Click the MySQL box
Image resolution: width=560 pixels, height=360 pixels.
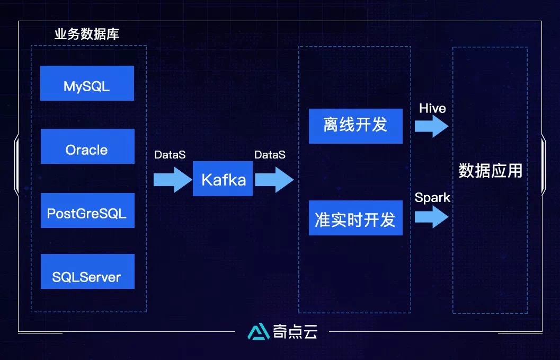coord(87,83)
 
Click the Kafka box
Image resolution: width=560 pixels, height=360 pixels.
coord(223,179)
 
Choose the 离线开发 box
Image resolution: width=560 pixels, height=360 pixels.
coord(355,126)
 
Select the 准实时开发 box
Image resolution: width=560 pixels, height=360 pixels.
coord(355,218)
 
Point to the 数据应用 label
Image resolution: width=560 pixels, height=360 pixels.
coord(490,171)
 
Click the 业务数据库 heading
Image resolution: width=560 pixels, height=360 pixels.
coord(87,34)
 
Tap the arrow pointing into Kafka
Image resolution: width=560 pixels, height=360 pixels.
coord(172,179)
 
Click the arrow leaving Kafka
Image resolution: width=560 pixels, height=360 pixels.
coord(274,179)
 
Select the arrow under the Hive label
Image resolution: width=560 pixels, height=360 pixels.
coord(431,126)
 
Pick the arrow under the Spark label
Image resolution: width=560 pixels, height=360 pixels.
coord(431,216)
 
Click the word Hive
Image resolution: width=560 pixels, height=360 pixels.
coord(432,109)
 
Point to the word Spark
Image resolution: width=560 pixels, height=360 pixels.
coord(432,198)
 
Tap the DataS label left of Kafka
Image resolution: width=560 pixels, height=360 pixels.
coord(170,155)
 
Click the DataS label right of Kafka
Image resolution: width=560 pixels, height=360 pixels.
coord(270,155)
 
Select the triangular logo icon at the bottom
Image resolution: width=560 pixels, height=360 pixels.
coord(259,331)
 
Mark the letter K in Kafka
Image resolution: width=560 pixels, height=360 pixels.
coord(206,180)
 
